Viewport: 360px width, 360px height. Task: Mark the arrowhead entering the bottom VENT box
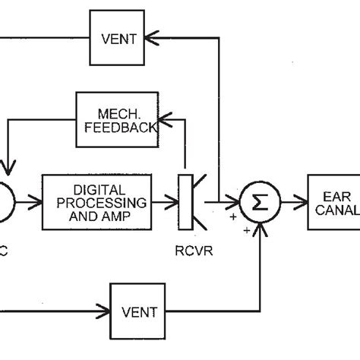tap(105, 311)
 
